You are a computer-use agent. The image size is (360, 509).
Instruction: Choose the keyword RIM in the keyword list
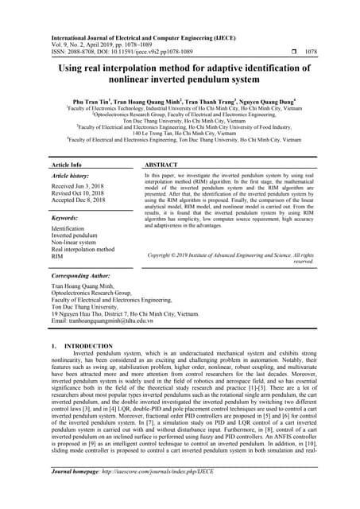tap(57, 257)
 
